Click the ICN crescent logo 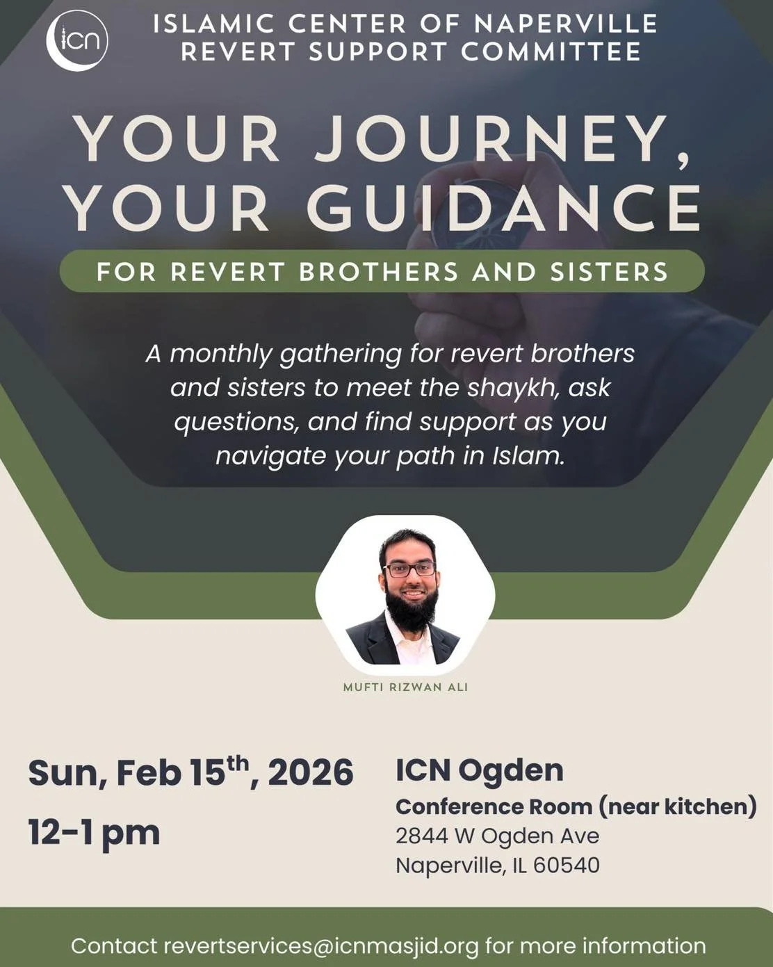(77, 41)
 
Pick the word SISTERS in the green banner (608, 272)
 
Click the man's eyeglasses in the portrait (411, 569)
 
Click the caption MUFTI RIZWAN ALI (405, 687)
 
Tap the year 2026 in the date (310, 773)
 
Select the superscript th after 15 (238, 763)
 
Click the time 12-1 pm (94, 832)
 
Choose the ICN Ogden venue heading (479, 770)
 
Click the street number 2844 (421, 836)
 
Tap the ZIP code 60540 (566, 866)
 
